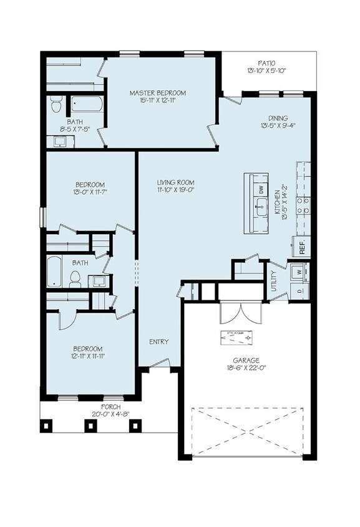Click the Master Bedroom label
157,93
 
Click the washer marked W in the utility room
298,272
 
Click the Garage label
247,360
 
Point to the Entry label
158,342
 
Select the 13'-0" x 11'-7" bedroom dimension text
89,192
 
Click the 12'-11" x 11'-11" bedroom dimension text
87,357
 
